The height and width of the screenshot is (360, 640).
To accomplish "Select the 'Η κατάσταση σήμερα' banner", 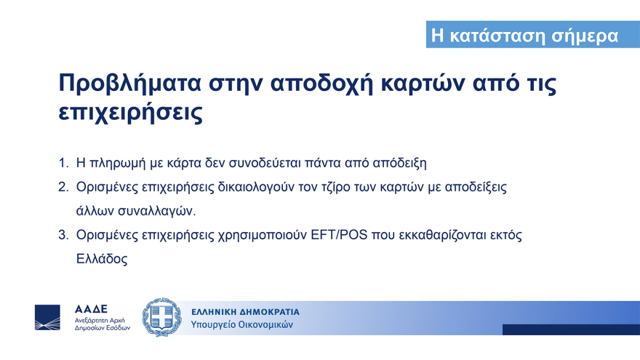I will (x=524, y=35).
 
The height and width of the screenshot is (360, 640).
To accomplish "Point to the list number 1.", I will (x=63, y=161).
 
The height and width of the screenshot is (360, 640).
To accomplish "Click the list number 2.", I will (x=63, y=187).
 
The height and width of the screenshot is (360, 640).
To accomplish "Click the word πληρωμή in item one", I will (x=117, y=161).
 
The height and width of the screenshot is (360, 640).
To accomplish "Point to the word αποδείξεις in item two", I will (x=473, y=187).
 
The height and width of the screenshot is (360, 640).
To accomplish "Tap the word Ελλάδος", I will (x=102, y=259).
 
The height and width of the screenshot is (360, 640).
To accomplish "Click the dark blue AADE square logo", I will (x=48, y=318).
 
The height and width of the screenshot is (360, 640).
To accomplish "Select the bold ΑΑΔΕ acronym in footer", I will (x=91, y=309).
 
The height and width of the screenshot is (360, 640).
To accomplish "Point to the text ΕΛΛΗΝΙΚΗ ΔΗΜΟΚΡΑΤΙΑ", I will (x=245, y=312).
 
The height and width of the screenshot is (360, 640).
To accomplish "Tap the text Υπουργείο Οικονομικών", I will (x=242, y=325).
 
